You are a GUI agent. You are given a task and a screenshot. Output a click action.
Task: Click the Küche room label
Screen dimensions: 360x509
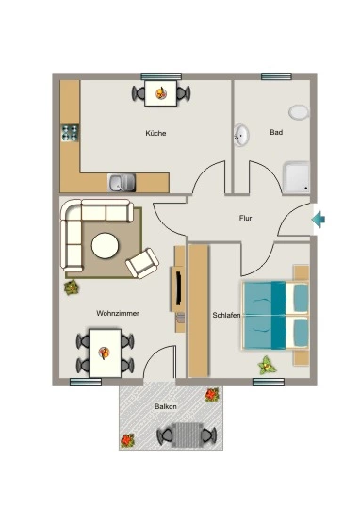[155, 133]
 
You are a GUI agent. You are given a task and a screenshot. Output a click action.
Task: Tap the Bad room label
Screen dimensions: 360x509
[276, 132]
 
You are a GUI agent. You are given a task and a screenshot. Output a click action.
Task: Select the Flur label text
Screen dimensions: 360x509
[245, 218]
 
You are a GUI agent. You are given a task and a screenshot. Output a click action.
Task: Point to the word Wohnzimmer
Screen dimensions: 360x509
[118, 313]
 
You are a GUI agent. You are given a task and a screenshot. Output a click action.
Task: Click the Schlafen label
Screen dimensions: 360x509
[226, 315]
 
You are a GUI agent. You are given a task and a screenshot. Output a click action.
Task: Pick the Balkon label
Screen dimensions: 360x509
[166, 406]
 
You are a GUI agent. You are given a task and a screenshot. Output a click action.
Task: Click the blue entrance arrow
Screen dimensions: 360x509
[319, 220]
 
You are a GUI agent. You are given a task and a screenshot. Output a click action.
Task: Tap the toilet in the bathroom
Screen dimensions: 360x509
[299, 112]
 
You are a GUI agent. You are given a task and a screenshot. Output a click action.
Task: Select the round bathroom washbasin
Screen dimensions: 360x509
[241, 135]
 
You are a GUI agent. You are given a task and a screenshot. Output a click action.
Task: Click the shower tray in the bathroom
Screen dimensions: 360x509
[296, 178]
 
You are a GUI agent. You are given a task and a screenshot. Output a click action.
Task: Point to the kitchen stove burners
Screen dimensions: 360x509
[70, 133]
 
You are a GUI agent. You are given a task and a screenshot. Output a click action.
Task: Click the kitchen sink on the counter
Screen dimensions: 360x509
[122, 183]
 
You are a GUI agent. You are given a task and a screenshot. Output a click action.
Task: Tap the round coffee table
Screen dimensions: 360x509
[106, 245]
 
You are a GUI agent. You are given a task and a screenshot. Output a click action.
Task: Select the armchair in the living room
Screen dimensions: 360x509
[142, 263]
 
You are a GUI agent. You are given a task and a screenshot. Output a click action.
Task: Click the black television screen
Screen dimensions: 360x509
[179, 287]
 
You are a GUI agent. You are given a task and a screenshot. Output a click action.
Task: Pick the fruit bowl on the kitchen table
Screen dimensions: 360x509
[161, 93]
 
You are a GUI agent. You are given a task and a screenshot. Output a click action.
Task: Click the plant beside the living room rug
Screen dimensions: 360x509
[72, 287]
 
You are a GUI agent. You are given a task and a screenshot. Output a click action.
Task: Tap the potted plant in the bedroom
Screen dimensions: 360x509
[267, 365]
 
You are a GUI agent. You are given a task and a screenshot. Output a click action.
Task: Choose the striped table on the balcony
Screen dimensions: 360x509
[187, 435]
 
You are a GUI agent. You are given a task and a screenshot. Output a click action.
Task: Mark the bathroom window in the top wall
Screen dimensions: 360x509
[276, 76]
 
